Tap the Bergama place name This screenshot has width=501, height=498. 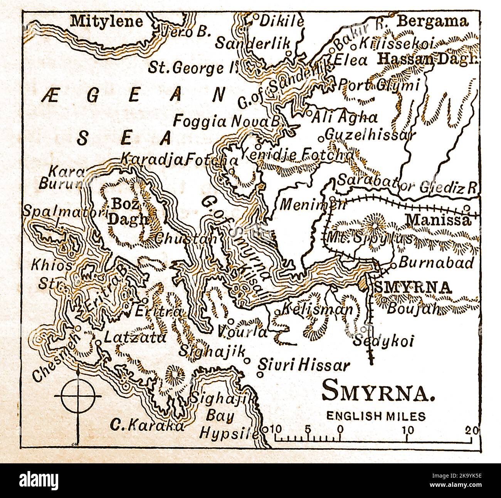432,21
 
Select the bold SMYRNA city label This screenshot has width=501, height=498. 413,287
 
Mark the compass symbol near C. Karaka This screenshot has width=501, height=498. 79,396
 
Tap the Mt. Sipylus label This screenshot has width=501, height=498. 369,238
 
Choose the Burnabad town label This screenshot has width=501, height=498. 435,263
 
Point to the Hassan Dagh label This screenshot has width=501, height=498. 428,59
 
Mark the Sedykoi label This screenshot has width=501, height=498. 383,341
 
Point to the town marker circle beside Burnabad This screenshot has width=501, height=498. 393,265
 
